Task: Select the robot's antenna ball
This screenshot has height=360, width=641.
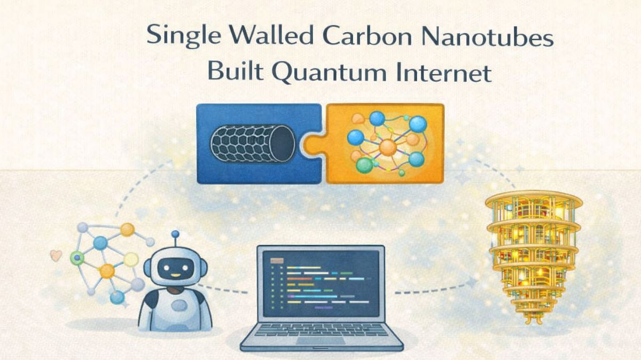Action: [x=175, y=234]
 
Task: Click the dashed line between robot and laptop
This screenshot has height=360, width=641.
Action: [x=224, y=290]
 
